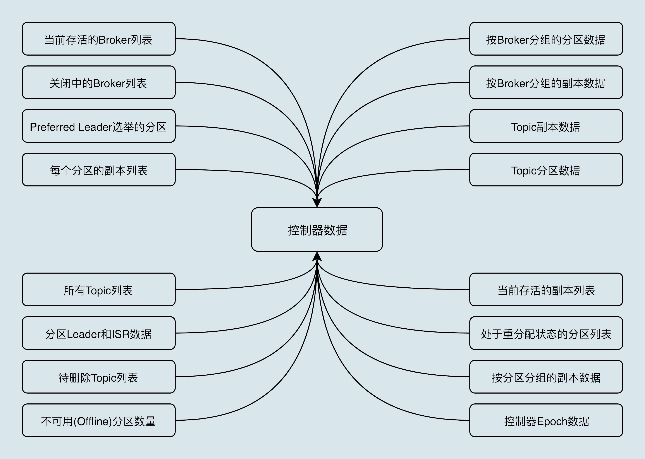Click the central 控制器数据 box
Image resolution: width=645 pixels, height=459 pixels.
[x=317, y=229]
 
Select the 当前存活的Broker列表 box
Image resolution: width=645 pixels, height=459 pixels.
[x=99, y=39]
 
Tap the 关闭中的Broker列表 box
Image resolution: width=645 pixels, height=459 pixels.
[x=99, y=82]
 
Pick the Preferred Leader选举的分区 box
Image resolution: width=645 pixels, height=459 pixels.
[x=99, y=126]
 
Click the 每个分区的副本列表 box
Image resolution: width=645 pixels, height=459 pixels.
[x=99, y=170]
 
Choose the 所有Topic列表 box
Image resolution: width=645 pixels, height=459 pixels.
[x=99, y=289]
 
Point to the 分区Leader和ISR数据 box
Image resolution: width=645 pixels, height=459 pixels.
[x=99, y=333]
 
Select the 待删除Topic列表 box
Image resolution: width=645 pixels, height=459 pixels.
[x=99, y=377]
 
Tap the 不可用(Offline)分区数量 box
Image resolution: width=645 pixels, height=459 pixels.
[x=99, y=420]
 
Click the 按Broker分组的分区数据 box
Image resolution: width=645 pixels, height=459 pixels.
[x=546, y=39]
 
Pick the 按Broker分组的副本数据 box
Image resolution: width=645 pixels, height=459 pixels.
[x=546, y=82]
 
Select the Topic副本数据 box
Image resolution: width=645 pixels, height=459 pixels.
[x=546, y=126]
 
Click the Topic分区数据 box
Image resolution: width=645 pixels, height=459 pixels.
[x=546, y=170]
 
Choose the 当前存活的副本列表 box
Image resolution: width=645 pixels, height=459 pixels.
[x=546, y=289]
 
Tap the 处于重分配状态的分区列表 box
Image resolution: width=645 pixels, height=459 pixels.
[x=546, y=333]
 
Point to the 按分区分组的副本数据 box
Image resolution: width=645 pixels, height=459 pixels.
[x=546, y=377]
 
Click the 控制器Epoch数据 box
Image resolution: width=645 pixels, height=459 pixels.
[x=546, y=420]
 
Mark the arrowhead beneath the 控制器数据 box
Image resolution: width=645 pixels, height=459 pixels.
[x=317, y=256]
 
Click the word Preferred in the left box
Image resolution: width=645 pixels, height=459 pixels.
[x=52, y=127]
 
